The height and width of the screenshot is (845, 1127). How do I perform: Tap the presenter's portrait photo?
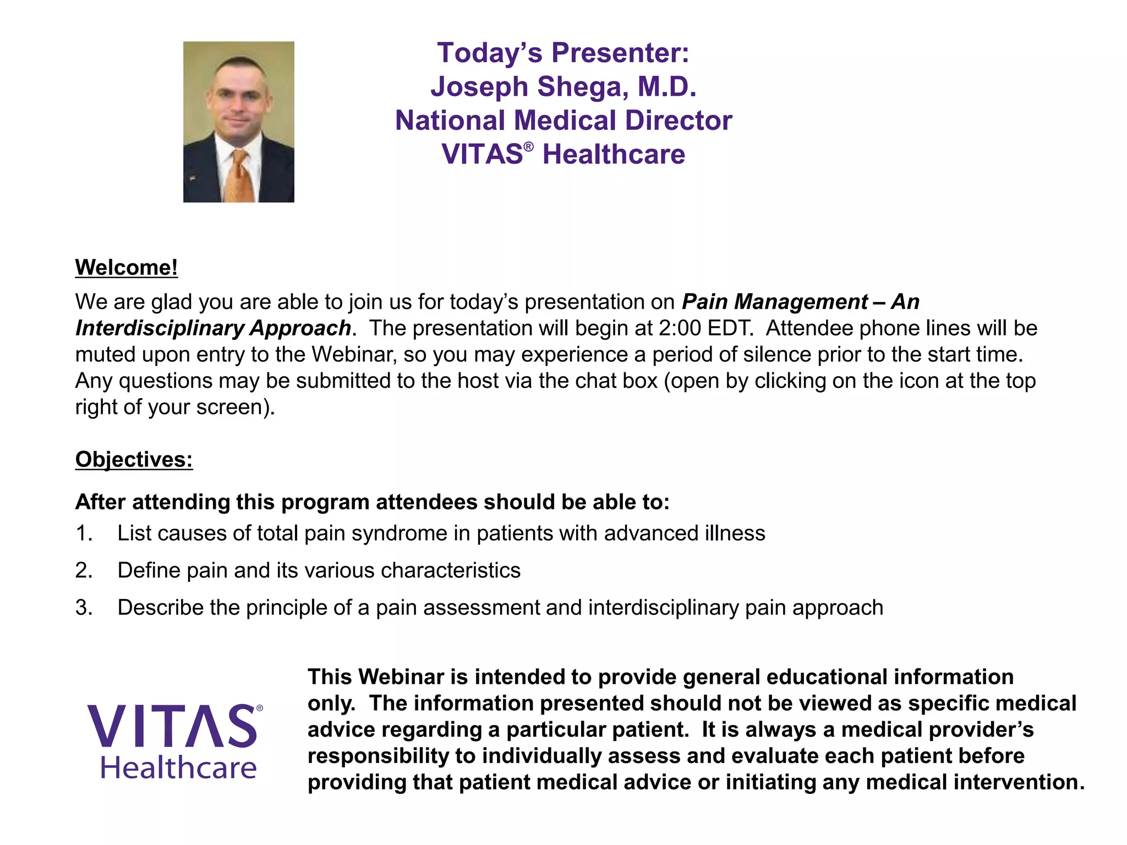pyautogui.click(x=239, y=122)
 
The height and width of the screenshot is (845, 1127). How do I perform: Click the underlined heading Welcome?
pyautogui.click(x=127, y=267)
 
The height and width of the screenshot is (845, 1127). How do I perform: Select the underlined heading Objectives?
pyautogui.click(x=134, y=459)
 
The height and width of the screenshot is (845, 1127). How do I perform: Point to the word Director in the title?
pyautogui.click(x=678, y=120)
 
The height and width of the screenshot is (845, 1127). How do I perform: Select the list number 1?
pyautogui.click(x=84, y=534)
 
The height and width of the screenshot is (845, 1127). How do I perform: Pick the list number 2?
pyautogui.click(x=84, y=570)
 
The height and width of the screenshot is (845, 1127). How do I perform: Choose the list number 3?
pyautogui.click(x=84, y=608)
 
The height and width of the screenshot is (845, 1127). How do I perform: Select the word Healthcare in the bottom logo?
pyautogui.click(x=178, y=768)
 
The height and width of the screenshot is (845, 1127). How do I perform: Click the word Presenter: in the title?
pyautogui.click(x=620, y=53)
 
